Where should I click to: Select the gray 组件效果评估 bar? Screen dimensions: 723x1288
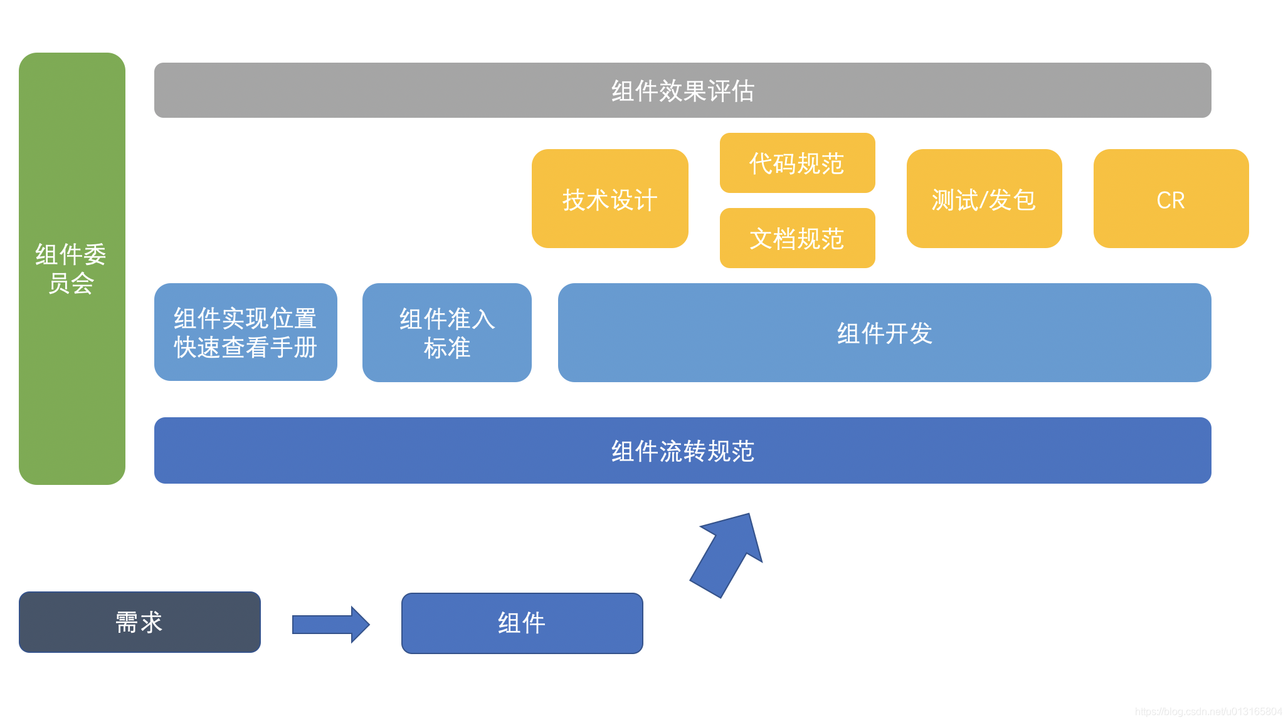pos(682,90)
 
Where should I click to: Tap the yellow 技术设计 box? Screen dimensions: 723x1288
pos(610,199)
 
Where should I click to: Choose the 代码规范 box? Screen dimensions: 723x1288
pos(796,163)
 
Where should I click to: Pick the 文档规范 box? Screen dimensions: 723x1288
pos(796,239)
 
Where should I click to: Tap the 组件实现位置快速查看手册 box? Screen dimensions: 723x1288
pos(245,333)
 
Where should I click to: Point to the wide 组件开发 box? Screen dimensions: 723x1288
pos(884,333)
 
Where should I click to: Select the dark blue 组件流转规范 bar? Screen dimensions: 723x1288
pos(682,450)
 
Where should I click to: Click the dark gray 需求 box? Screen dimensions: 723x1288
pos(139,622)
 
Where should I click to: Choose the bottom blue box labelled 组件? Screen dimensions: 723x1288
pos(522,623)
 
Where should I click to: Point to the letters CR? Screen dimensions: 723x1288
pos(1170,200)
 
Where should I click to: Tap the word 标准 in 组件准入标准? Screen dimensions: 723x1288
pos(446,348)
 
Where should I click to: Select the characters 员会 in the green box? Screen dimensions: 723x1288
pos(71,284)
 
